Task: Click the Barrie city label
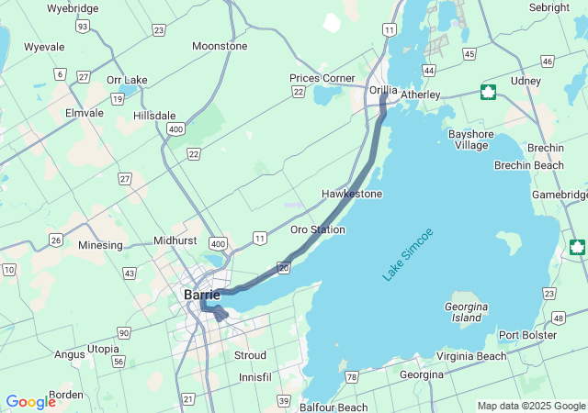point(201,295)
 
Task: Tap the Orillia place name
point(383,90)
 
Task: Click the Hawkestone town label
point(352,194)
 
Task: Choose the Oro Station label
point(318,229)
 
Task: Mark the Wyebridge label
point(72,8)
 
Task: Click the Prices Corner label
point(322,78)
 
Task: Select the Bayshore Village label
point(471,140)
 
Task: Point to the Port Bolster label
point(527,335)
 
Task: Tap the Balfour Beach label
point(334,407)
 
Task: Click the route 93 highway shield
point(83,27)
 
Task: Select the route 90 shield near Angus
point(123,332)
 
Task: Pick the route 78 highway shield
point(352,377)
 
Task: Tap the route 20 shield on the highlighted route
point(284,267)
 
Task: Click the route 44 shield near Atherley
point(428,70)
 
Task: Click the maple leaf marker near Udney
point(488,91)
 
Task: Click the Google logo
point(30,402)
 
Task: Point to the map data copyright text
point(531,407)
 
